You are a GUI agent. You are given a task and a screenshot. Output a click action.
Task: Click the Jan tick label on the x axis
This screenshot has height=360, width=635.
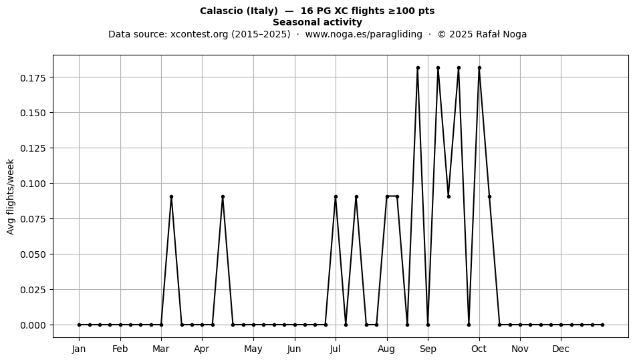(79, 349)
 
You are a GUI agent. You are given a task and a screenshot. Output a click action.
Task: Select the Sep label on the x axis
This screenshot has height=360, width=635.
(428, 349)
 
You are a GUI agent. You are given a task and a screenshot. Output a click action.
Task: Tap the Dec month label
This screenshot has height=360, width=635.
(561, 349)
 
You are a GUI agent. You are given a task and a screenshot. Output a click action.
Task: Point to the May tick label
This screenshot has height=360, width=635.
(253, 349)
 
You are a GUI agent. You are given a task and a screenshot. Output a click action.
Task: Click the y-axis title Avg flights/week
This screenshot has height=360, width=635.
(11, 196)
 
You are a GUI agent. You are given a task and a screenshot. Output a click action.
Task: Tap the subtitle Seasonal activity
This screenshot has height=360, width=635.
(317, 22)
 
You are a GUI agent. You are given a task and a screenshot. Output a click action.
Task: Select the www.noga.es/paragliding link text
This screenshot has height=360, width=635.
(364, 34)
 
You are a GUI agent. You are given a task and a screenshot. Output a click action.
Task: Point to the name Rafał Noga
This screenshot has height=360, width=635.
(501, 34)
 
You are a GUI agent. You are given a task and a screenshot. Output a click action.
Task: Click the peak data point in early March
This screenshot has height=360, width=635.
(171, 196)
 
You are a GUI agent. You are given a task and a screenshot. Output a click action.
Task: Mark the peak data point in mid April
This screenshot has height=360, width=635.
(223, 196)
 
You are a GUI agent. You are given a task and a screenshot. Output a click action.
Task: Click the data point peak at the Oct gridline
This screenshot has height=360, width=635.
(479, 68)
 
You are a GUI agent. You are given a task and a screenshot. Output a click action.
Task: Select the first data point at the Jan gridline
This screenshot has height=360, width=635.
(79, 325)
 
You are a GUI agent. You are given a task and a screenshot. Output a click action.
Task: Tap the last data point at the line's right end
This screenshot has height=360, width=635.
(603, 325)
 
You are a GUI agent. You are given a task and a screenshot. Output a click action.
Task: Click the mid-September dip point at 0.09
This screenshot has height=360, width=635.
(449, 196)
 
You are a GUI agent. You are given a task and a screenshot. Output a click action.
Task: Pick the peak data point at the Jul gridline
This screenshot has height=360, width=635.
(336, 196)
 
